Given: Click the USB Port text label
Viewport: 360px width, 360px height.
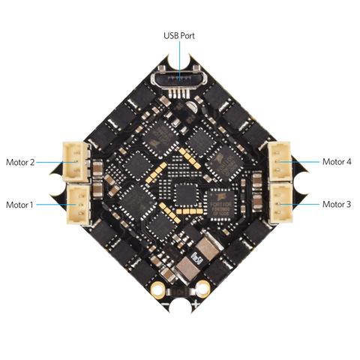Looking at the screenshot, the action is click(179, 35).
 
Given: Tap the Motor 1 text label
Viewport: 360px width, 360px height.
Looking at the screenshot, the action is click(19, 205).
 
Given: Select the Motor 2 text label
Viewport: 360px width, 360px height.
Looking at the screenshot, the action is click(20, 162).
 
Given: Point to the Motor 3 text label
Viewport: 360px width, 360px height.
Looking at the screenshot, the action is click(337, 204).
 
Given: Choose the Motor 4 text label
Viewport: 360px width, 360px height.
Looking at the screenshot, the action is click(337, 162).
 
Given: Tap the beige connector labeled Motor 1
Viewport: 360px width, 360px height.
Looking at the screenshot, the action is click(79, 205).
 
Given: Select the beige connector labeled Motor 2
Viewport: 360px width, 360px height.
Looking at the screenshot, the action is click(76, 161).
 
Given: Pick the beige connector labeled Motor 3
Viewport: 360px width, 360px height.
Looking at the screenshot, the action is click(281, 203).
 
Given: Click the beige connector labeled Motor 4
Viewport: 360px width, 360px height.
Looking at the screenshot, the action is click(280, 161).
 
